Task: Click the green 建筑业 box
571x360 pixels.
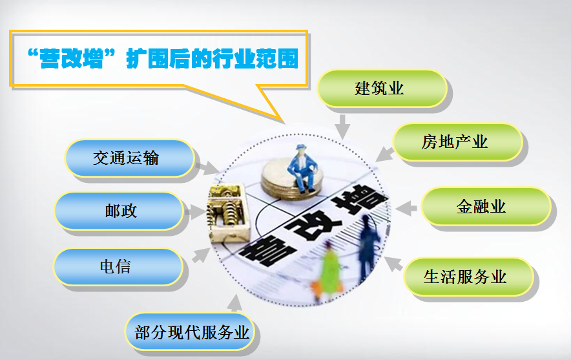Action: tap(382, 88)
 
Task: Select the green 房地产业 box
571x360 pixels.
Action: tap(457, 142)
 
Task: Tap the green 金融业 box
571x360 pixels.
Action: tap(486, 206)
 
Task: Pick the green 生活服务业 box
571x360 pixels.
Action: tap(469, 277)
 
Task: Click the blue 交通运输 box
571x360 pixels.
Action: tap(130, 158)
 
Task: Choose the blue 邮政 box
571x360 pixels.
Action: tap(119, 211)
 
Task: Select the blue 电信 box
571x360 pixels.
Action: tap(118, 267)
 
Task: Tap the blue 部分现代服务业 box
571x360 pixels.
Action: tap(190, 332)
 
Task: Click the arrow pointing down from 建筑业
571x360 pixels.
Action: tap(342, 127)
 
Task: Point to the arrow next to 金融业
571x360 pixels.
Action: tap(406, 208)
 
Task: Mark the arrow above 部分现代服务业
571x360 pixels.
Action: tap(235, 303)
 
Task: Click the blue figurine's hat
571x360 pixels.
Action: tap(301, 147)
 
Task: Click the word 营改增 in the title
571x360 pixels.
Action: tap(71, 58)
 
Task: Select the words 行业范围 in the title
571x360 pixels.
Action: tap(256, 58)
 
